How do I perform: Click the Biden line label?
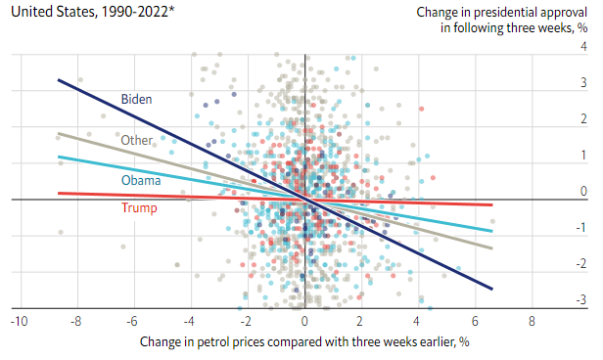coord(136,99)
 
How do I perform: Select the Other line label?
coord(136,140)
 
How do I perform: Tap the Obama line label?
coord(141,180)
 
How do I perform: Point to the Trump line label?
coord(139,207)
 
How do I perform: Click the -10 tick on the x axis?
coord(20,321)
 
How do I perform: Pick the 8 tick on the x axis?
coord(532,321)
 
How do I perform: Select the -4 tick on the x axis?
coord(189,321)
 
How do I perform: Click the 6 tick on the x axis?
coord(475,321)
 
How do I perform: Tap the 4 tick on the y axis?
coord(583,47)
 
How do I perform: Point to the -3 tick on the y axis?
coord(581,299)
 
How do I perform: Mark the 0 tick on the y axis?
coord(583,191)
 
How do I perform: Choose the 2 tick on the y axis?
coord(583,118)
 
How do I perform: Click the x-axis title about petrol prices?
coord(304,341)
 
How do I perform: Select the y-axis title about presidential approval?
coord(502,20)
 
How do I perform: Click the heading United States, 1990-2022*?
coord(93,12)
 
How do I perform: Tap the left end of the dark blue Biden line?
coord(58,79)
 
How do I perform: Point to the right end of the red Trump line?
coord(492,204)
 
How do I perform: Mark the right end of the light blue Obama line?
coord(492,231)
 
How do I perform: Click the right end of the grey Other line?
coord(492,248)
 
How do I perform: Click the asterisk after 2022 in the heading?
coord(171,8)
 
